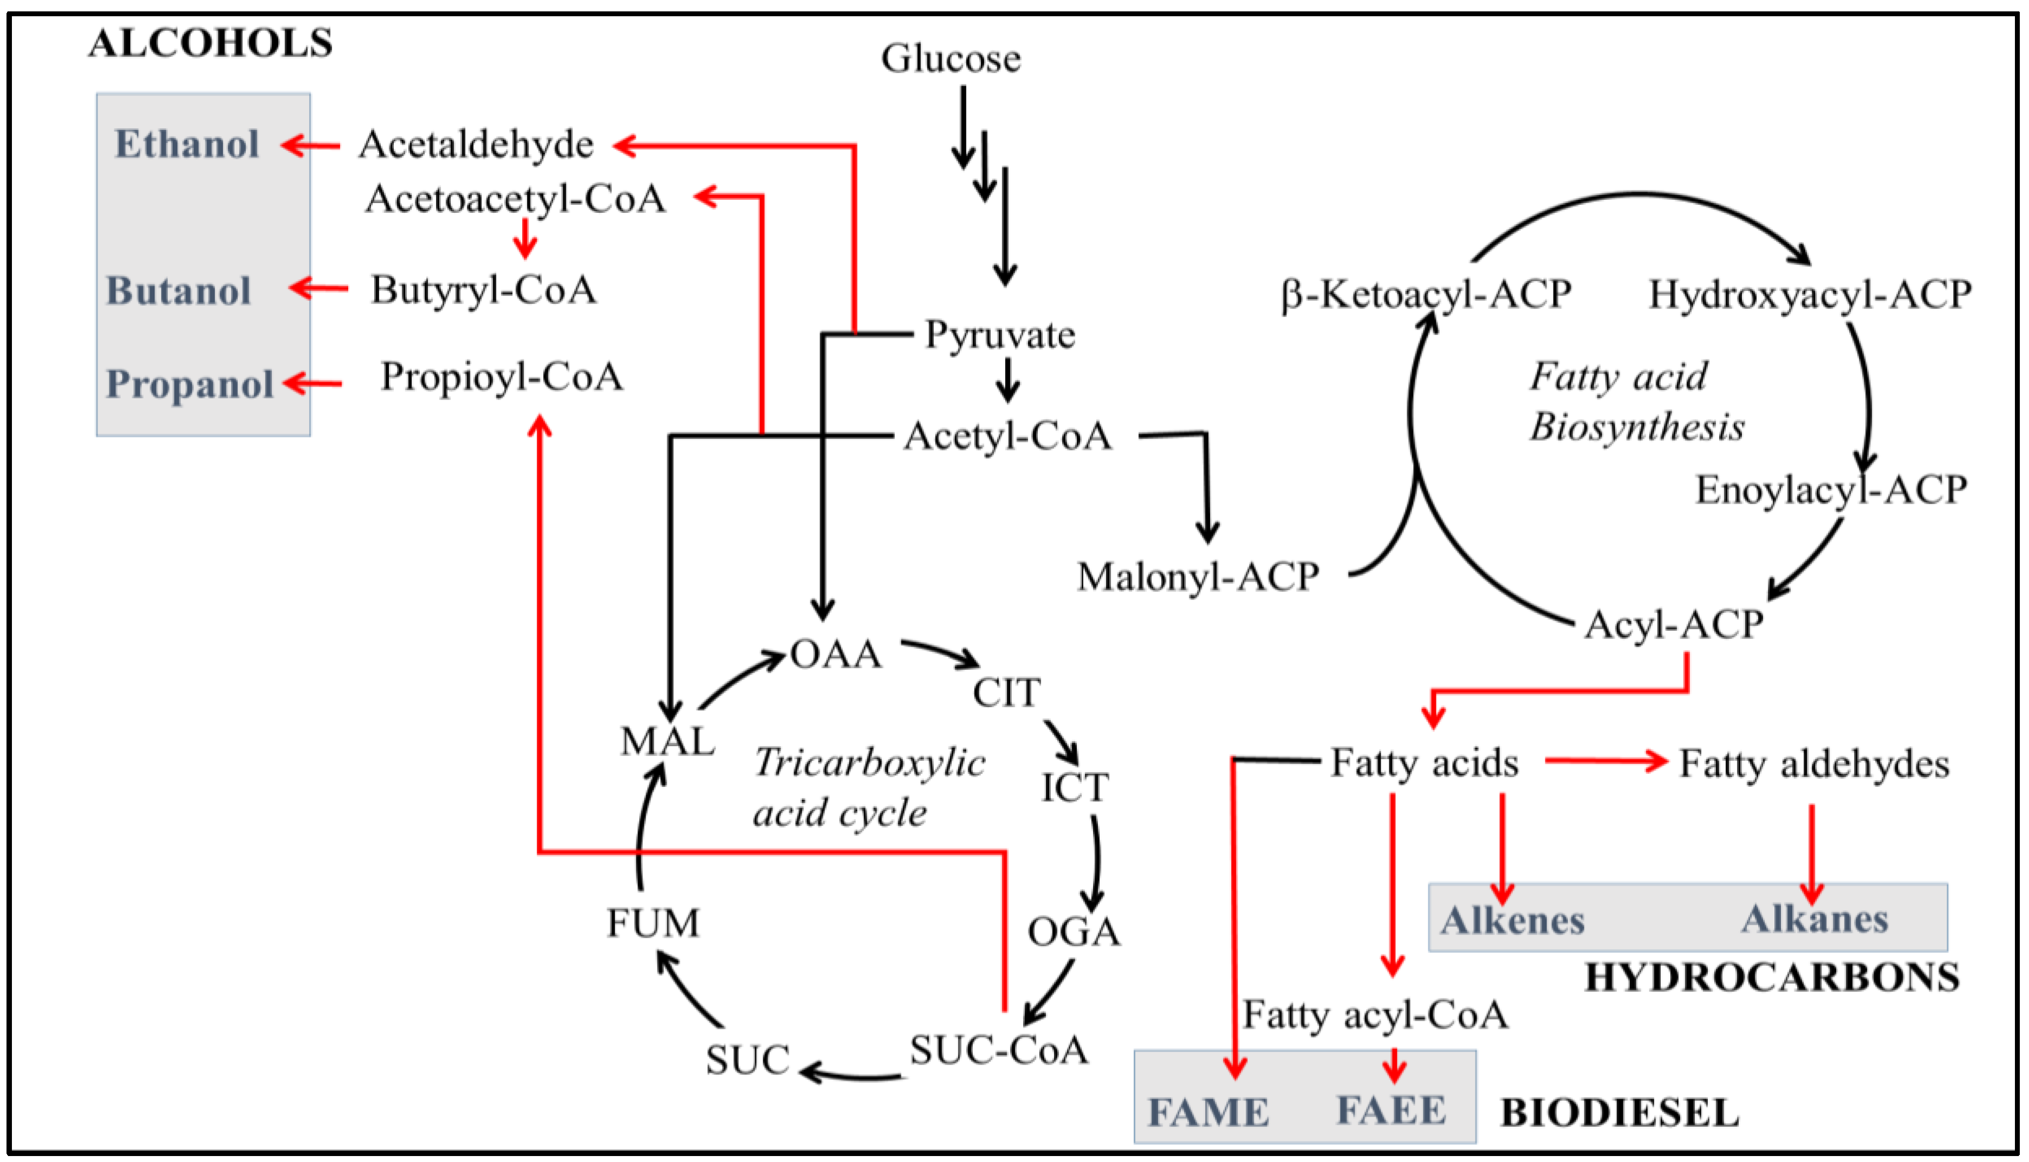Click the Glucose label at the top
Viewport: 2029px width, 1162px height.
pyautogui.click(x=951, y=58)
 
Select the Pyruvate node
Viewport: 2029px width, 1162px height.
pyautogui.click(x=1000, y=335)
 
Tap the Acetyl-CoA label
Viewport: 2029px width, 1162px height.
pyautogui.click(x=1007, y=436)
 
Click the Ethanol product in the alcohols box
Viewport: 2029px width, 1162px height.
pyautogui.click(x=187, y=145)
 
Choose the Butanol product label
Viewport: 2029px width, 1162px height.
pyautogui.click(x=179, y=290)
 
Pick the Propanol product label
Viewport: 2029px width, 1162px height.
pyautogui.click(x=190, y=384)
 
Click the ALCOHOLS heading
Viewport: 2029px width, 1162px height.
pyautogui.click(x=211, y=43)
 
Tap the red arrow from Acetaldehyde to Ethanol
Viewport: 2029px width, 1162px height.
pyautogui.click(x=310, y=145)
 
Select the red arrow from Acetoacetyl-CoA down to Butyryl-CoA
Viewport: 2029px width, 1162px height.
pyautogui.click(x=524, y=238)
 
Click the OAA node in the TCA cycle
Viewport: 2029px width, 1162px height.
pyautogui.click(x=836, y=655)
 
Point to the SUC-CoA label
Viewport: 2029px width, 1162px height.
pyautogui.click(x=999, y=1050)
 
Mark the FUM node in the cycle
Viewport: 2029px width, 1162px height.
pyautogui.click(x=653, y=923)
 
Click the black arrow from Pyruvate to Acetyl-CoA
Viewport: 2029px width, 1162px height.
pyautogui.click(x=1008, y=380)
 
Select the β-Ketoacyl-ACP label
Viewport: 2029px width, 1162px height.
pyautogui.click(x=1426, y=295)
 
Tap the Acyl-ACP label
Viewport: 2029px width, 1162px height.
pyautogui.click(x=1674, y=625)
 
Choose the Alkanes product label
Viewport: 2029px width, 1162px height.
pyautogui.click(x=1815, y=919)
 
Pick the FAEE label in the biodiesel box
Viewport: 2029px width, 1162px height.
pyautogui.click(x=1391, y=1111)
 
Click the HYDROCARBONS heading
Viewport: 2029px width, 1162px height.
pyautogui.click(x=1772, y=978)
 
